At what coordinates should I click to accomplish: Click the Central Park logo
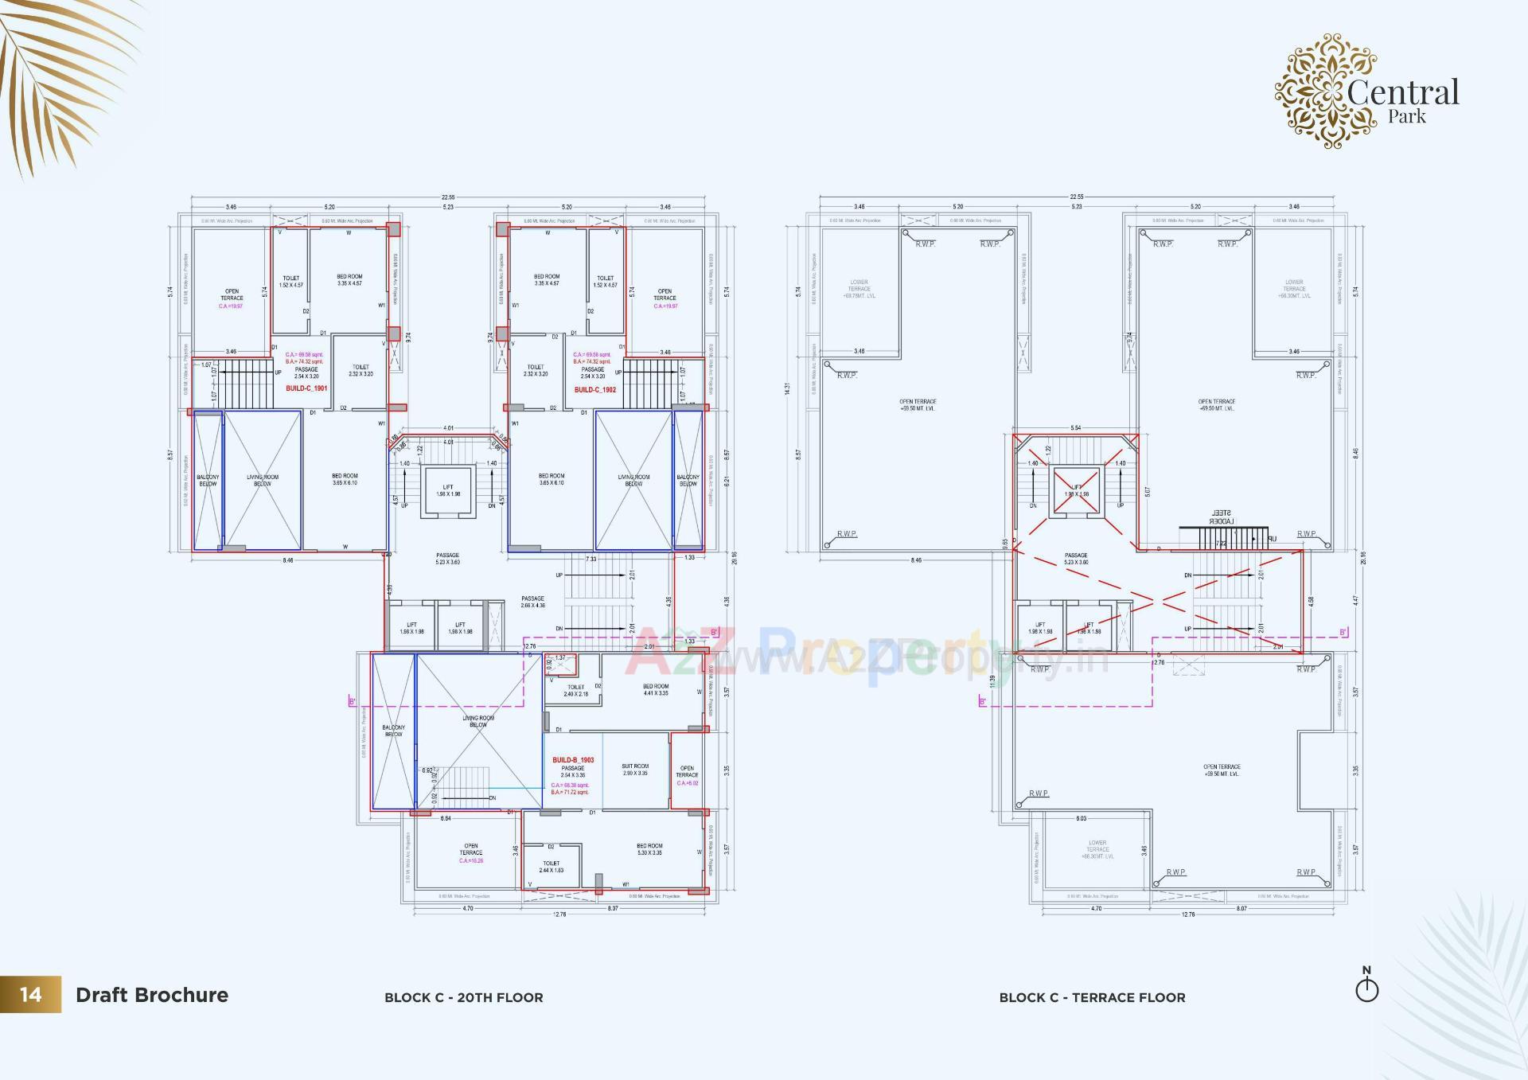click(1366, 92)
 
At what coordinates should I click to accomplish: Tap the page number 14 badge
click(30, 995)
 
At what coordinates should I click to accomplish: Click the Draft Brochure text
click(152, 995)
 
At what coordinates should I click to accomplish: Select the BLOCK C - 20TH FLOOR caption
click(463, 997)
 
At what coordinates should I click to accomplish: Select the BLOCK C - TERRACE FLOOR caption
click(1092, 997)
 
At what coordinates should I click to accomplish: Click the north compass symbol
click(1366, 988)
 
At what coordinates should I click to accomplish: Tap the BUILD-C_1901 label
click(306, 388)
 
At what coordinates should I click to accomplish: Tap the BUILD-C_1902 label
click(594, 390)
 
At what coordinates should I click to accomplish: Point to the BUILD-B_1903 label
click(573, 760)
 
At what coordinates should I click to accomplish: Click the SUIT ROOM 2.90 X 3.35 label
click(635, 770)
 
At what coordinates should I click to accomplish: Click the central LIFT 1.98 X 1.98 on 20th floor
click(448, 491)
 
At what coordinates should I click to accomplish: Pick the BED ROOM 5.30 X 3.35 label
click(649, 849)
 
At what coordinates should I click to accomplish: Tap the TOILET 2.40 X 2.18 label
click(576, 690)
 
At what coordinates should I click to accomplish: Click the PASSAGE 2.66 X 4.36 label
click(532, 602)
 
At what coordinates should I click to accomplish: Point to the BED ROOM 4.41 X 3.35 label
click(656, 689)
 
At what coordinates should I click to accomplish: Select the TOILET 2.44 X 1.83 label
click(551, 867)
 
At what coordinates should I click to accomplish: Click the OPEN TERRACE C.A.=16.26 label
click(470, 853)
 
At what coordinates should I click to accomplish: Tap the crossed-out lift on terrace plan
click(1076, 490)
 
